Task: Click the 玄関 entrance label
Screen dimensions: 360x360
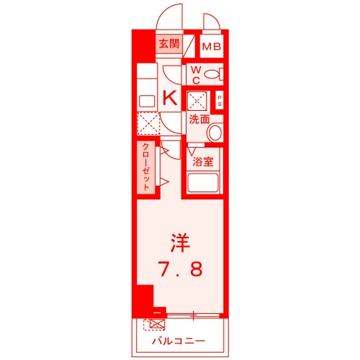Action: [169, 43]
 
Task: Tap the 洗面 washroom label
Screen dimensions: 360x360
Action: [199, 120]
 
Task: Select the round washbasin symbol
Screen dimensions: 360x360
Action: [215, 132]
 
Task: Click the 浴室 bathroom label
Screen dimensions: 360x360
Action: [204, 161]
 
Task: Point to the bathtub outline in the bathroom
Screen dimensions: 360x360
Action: [204, 183]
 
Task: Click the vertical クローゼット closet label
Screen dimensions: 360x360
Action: [145, 166]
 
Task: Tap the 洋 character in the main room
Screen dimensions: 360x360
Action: [179, 242]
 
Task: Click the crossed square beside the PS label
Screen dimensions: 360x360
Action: [197, 99]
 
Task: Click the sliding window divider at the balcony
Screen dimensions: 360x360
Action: [192, 315]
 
